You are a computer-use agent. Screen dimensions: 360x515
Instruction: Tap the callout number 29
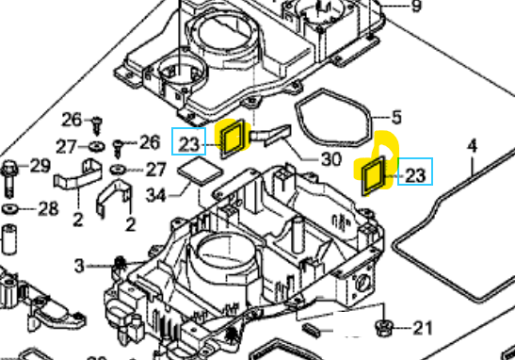40,167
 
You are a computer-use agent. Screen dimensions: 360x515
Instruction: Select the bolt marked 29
10,174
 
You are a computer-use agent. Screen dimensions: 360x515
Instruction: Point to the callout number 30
330,159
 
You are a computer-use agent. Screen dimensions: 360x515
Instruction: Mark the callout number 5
396,118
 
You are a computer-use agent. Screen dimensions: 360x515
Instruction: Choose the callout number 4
472,146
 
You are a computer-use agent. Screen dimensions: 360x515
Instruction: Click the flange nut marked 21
382,328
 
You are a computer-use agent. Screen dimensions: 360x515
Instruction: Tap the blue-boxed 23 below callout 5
415,174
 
